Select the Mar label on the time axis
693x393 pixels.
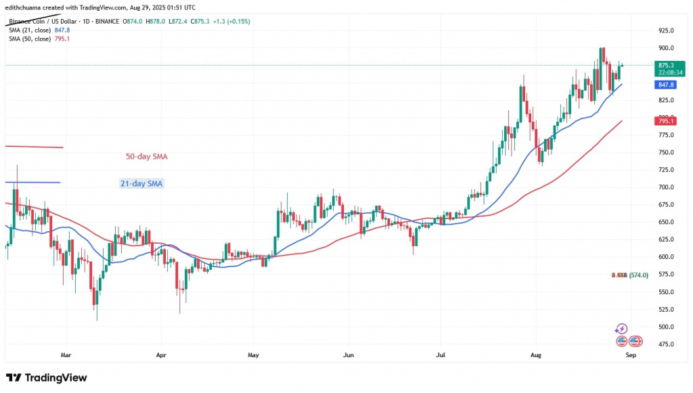click(66, 354)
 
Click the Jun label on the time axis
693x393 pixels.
click(349, 354)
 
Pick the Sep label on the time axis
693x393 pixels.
click(630, 354)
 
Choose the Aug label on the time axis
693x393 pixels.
click(536, 354)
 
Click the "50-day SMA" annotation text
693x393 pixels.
click(146, 156)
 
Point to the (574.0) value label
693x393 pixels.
click(639, 275)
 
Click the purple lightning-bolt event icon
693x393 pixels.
click(621, 329)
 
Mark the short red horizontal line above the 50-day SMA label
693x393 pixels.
click(34, 147)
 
